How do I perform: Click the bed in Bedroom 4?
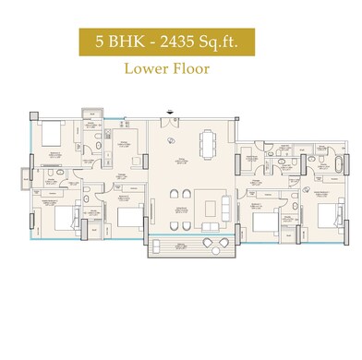(x=48, y=135)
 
